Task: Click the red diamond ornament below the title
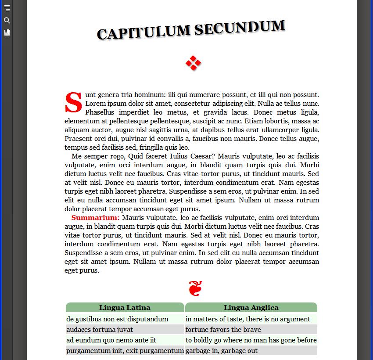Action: [x=193, y=63]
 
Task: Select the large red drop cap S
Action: [x=74, y=102]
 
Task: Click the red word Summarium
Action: [x=95, y=218]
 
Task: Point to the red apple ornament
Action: [x=195, y=288]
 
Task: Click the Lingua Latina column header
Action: [x=125, y=308]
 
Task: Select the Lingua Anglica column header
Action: [x=251, y=308]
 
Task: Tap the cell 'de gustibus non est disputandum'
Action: [x=117, y=319]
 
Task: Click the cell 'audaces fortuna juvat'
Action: [x=100, y=330]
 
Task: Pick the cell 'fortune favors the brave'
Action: [x=223, y=330]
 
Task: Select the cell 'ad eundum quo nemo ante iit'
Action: [x=111, y=340]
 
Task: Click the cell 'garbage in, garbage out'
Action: [x=222, y=351]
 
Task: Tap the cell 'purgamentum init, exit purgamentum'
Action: [x=125, y=351]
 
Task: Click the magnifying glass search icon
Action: [x=7, y=20]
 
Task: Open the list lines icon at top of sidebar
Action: [x=7, y=8]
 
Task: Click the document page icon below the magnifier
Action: [x=7, y=32]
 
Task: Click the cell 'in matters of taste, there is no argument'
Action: [x=248, y=319]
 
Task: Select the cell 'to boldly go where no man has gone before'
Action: [x=251, y=340]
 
